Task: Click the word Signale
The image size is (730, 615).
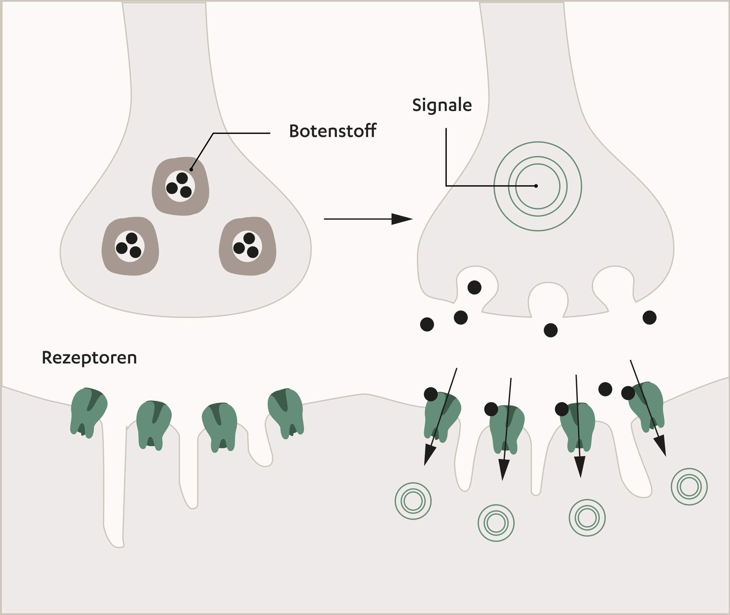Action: [442, 105]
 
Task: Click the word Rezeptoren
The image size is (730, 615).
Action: [89, 358]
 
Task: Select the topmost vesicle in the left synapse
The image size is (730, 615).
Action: [180, 186]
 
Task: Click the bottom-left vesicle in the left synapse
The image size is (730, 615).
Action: [130, 246]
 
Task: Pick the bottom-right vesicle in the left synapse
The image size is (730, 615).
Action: [247, 246]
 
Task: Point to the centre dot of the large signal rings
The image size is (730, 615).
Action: [536, 186]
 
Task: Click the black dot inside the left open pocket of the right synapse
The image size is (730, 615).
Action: [474, 288]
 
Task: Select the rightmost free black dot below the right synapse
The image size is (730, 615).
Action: [649, 318]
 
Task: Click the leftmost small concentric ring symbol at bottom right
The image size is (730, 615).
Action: [413, 501]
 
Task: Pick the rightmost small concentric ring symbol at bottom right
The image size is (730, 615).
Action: [689, 486]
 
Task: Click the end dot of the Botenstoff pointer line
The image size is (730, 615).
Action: [191, 170]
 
